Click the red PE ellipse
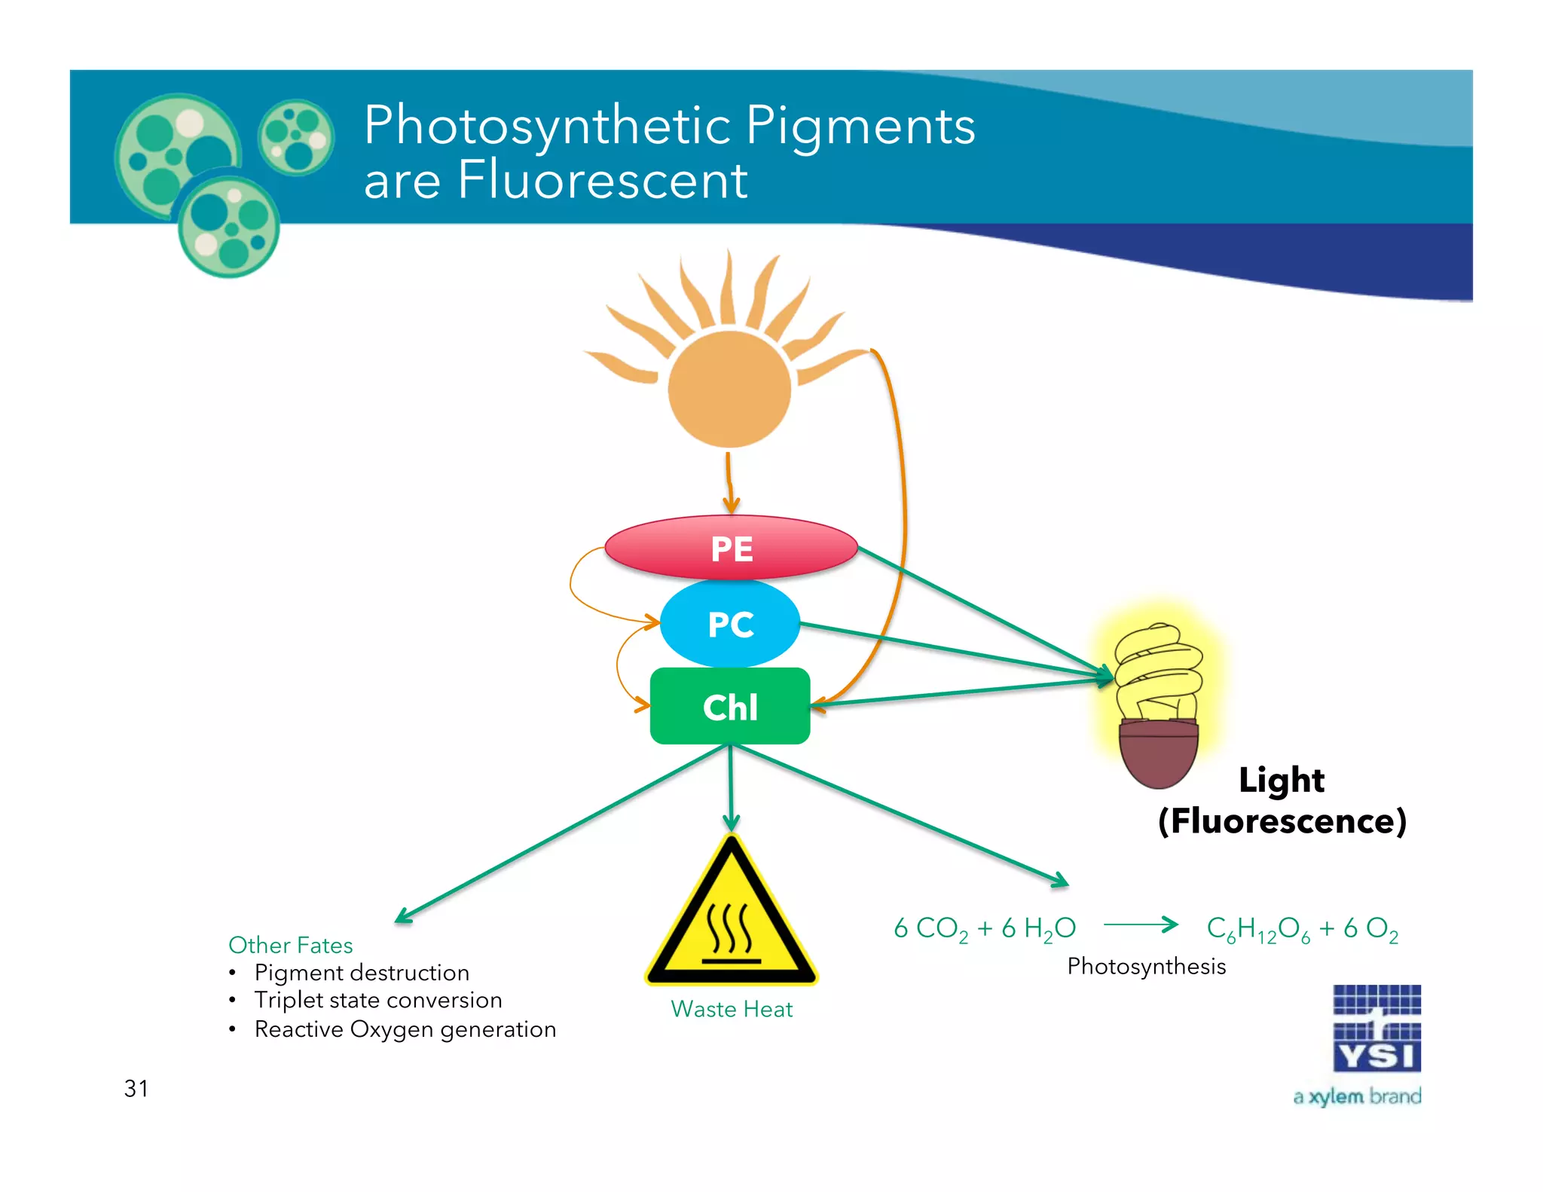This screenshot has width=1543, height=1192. pos(731,548)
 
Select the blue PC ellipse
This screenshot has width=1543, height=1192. pos(729,624)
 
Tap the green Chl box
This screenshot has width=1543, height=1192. pos(729,707)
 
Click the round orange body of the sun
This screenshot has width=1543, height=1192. pos(729,389)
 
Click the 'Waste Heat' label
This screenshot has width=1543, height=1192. pos(732,1009)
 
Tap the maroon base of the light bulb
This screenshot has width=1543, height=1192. pos(1158,753)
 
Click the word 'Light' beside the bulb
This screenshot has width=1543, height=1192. pos(1281,780)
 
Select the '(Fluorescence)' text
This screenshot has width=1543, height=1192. pos(1282,821)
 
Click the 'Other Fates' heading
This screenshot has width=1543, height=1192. pos(290,945)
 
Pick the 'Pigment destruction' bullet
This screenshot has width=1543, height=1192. pos(362,973)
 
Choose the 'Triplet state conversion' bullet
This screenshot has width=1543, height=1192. pos(378,1000)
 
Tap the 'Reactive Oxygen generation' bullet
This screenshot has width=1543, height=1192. pos(405,1029)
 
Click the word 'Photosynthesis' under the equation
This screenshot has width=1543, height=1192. pos(1146,966)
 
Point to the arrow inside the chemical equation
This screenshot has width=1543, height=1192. pos(1141,925)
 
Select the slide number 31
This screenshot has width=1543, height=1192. pos(136,1088)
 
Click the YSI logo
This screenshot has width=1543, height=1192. pos(1376,1028)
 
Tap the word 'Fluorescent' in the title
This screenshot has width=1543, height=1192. pos(602,181)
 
